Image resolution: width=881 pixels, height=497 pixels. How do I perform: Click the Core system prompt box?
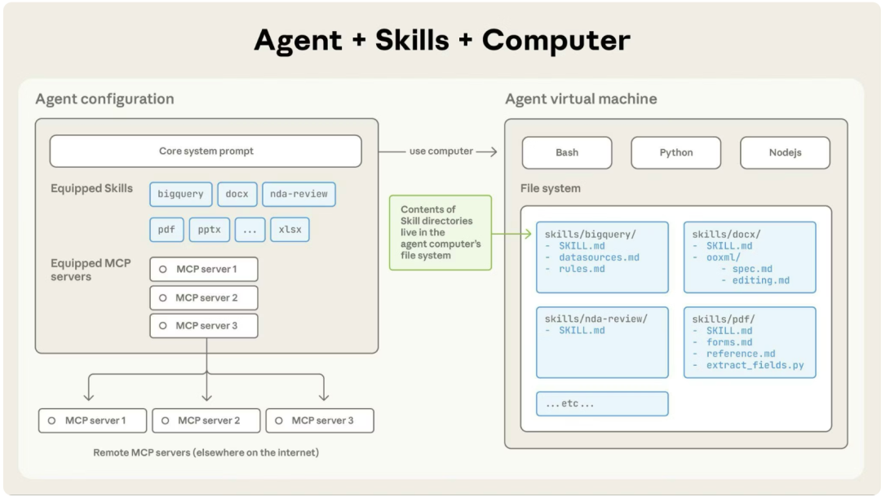(x=206, y=151)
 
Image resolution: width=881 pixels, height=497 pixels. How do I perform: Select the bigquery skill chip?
(x=181, y=194)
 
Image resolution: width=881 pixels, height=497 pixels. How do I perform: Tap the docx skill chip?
(x=237, y=194)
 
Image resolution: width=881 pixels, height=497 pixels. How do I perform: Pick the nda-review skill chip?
(x=299, y=194)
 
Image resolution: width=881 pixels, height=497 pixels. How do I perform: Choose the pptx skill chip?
(x=210, y=230)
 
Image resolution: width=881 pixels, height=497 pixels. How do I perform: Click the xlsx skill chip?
(x=290, y=230)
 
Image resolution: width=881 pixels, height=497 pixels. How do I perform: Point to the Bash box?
(x=567, y=152)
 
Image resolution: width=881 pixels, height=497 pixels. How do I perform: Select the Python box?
(x=676, y=152)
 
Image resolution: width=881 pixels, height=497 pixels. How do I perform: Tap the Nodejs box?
(x=785, y=152)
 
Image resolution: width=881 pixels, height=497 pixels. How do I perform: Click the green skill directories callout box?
(x=440, y=232)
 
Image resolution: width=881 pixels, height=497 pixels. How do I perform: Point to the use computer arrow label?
(x=441, y=152)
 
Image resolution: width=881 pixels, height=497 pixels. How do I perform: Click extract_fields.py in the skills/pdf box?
(x=755, y=365)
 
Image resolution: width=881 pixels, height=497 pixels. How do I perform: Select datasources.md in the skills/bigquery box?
(x=599, y=257)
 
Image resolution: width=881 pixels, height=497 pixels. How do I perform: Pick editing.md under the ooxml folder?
(x=761, y=280)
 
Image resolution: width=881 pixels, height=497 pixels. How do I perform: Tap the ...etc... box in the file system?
(x=602, y=404)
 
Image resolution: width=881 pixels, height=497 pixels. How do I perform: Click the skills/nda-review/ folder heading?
(x=596, y=319)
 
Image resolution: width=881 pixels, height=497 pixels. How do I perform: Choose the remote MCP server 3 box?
(x=320, y=420)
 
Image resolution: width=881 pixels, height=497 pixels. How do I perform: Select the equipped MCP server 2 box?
(x=204, y=298)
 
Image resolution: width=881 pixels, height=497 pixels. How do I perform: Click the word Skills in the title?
(x=412, y=41)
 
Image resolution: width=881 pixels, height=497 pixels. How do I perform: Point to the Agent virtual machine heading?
(x=581, y=99)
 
